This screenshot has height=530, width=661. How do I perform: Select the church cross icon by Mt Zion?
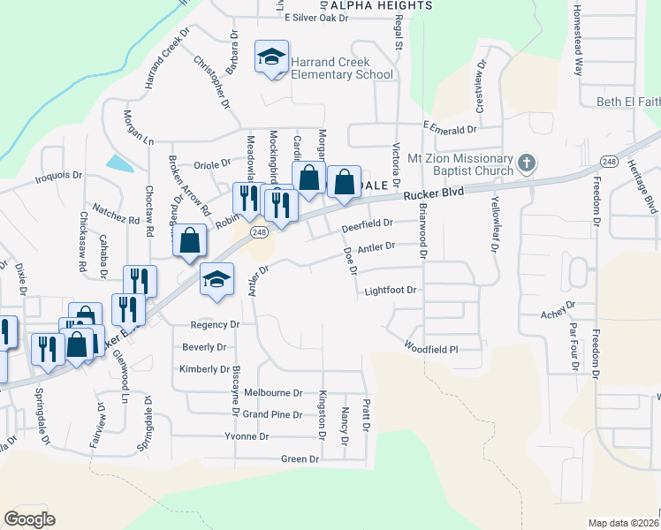(527, 163)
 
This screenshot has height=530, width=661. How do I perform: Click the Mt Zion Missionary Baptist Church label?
(460, 164)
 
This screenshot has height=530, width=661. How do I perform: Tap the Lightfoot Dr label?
(390, 290)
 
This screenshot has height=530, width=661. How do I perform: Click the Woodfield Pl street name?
(431, 348)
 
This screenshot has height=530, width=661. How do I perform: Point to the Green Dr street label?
(300, 459)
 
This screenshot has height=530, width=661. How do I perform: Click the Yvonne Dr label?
(247, 436)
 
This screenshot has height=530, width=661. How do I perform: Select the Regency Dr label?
(215, 325)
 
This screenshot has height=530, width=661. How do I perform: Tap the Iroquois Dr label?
(58, 175)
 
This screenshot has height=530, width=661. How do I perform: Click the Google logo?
(30, 519)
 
